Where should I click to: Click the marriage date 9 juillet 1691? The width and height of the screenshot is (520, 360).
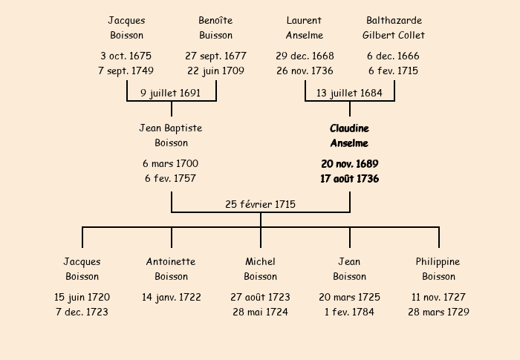tap(171, 93)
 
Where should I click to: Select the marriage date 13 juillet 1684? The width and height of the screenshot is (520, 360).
tap(349, 93)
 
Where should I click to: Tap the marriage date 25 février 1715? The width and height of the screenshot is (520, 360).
tap(260, 204)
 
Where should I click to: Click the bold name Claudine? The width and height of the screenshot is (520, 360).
tap(349, 128)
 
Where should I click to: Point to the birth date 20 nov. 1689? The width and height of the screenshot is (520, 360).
tap(349, 163)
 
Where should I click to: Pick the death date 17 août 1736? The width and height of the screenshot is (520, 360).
tap(349, 179)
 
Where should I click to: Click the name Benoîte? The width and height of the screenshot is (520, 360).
tap(215, 20)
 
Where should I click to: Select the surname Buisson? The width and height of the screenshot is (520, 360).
tap(215, 35)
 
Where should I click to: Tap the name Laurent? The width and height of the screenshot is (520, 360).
tap(304, 20)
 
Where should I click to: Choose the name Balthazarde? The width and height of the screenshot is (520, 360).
tap(394, 20)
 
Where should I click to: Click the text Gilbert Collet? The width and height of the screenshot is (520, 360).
tap(394, 35)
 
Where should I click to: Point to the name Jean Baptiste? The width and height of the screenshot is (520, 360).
tap(171, 128)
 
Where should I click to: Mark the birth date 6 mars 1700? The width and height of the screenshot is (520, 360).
tap(171, 163)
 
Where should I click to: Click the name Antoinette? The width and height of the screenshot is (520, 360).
tap(171, 261)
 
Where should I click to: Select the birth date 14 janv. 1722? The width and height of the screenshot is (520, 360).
tap(171, 297)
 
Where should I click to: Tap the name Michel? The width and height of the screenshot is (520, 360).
tap(260, 261)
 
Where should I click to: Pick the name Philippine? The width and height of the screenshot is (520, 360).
tap(438, 261)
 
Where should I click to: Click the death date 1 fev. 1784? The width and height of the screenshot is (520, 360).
tap(349, 312)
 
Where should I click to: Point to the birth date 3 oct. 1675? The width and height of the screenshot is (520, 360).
tap(126, 56)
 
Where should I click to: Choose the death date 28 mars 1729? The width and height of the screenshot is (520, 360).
tap(438, 312)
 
